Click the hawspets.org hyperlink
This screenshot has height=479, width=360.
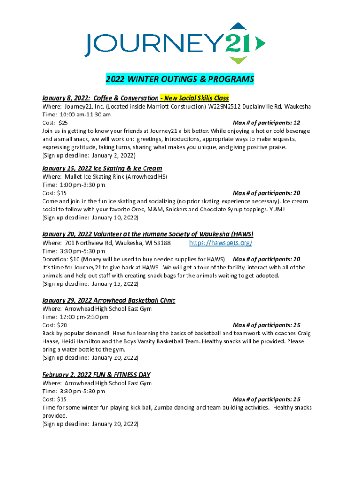(x=221, y=243)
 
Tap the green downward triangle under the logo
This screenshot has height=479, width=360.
(x=238, y=60)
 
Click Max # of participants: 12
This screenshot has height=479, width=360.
(x=266, y=123)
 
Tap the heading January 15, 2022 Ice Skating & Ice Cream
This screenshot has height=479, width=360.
(x=102, y=168)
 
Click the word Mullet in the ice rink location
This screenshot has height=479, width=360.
(x=68, y=177)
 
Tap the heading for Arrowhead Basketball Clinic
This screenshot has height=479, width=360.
(x=108, y=300)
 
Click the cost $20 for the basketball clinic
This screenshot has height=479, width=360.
(x=62, y=325)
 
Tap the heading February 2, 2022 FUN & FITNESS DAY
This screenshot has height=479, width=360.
(x=96, y=375)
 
